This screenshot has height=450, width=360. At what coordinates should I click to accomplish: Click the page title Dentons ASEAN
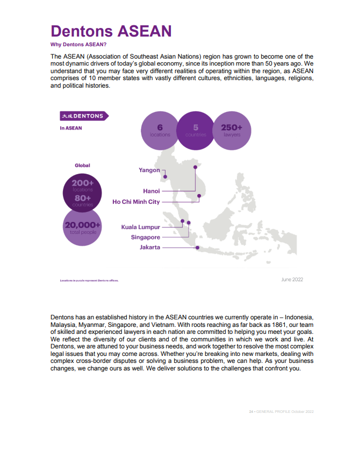(111, 31)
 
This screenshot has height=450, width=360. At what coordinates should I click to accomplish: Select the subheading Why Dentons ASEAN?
(78, 45)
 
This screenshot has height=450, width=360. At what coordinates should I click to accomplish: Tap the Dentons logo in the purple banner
(83, 116)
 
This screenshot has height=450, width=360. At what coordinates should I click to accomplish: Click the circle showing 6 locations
(160, 131)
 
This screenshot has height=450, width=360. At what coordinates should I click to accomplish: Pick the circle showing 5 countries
(196, 131)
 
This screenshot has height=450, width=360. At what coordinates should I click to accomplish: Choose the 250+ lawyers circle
(232, 131)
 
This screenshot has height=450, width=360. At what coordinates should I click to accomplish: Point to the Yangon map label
(149, 170)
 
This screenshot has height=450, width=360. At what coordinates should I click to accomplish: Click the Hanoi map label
(152, 191)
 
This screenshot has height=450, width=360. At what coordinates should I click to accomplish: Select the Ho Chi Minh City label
(136, 202)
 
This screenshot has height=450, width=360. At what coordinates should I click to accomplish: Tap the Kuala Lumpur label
(141, 227)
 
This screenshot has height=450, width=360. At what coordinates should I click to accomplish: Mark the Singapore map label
(145, 237)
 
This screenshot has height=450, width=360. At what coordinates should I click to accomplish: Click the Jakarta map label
(149, 247)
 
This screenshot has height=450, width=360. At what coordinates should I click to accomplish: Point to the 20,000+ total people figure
(83, 227)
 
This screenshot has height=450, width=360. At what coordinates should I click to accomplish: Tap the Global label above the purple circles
(82, 166)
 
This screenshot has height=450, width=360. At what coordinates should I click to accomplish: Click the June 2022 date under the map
(293, 280)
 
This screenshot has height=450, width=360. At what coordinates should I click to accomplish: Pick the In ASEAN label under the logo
(71, 128)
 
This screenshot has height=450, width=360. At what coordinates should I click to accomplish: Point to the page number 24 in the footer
(251, 411)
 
